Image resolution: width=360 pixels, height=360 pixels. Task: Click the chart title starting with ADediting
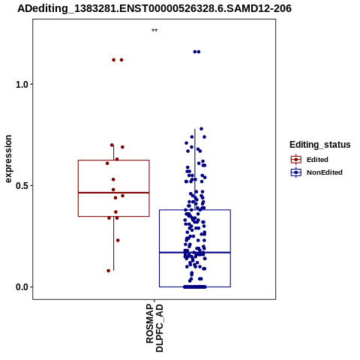point(154,8)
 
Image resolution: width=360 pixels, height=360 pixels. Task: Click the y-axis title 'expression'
point(8,159)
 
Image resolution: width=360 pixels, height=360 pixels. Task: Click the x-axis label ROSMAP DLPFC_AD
point(154,328)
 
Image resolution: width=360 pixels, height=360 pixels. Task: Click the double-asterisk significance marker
point(154,31)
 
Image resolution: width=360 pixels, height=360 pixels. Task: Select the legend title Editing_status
point(320,145)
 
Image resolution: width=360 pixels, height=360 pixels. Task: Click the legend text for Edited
point(317,160)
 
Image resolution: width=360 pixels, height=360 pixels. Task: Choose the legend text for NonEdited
point(325,172)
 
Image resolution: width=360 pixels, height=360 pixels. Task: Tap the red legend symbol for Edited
point(296,160)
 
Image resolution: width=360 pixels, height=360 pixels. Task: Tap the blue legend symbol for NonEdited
point(296,172)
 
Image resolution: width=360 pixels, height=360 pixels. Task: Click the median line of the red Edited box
point(114,193)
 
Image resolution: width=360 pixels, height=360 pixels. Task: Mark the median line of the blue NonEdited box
point(195,253)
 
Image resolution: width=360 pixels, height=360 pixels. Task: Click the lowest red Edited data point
point(109,271)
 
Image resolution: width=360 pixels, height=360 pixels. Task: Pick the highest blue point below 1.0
point(201,129)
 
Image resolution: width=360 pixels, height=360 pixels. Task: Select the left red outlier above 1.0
point(114,60)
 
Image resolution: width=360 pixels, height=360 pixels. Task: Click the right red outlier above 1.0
point(121,60)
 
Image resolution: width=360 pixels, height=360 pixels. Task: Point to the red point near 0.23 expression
point(118,241)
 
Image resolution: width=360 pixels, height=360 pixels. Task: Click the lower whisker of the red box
point(114,244)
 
